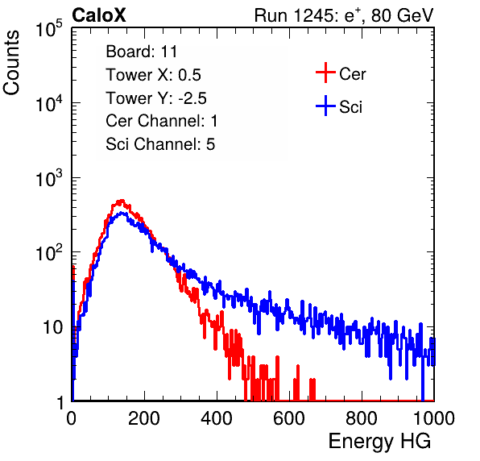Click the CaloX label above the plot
tap(99, 15)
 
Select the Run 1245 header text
tap(344, 15)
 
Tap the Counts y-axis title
tap(11, 62)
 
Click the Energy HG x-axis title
tap(379, 441)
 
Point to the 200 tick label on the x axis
tap(144, 418)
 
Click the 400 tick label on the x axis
tap(217, 418)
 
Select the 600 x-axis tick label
tap(289, 418)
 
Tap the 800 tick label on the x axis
tap(362, 418)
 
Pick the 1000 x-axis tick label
tap(434, 418)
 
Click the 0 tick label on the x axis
tap(72, 418)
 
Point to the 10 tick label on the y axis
tap(53, 327)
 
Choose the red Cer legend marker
tap(325, 73)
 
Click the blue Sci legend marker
tap(325, 106)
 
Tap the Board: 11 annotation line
tap(142, 52)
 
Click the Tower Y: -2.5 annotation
tap(156, 98)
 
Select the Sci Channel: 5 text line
tap(160, 144)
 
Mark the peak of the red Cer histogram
tap(122, 201)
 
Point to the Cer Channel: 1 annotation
tap(162, 121)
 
